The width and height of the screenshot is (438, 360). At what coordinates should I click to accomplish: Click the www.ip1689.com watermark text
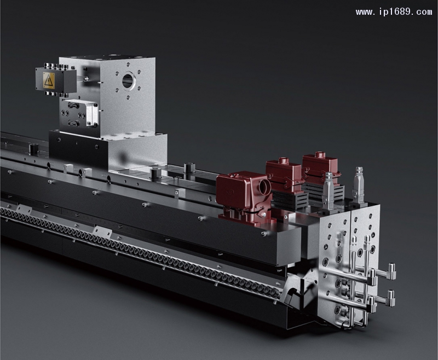click(394, 12)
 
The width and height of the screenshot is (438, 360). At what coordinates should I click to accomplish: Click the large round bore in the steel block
click(129, 80)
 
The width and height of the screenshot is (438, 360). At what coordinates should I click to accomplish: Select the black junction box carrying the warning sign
click(56, 79)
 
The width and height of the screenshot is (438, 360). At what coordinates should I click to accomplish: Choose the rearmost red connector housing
click(320, 165)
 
